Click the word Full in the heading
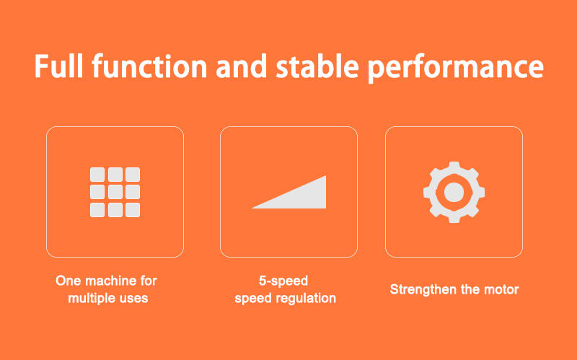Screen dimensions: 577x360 [59, 66]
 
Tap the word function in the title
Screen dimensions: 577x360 [149, 66]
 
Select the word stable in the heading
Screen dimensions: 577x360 [317, 66]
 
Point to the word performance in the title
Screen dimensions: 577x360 [456, 69]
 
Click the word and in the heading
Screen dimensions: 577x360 [242, 66]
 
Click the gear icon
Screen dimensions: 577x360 [454, 192]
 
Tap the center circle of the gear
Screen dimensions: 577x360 [454, 192]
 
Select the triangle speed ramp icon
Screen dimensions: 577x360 [289, 192]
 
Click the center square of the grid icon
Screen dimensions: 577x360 [115, 192]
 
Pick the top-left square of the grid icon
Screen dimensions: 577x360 [97, 175]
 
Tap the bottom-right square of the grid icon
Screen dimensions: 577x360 [133, 210]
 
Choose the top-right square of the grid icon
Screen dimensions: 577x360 [133, 175]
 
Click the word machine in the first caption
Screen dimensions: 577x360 [110, 281]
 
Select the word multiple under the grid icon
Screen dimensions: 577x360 [92, 299]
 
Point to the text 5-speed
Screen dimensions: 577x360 [283, 281]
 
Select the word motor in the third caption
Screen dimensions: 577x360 [501, 290]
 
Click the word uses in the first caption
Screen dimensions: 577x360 [134, 299]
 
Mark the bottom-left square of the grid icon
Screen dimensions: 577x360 [97, 210]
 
